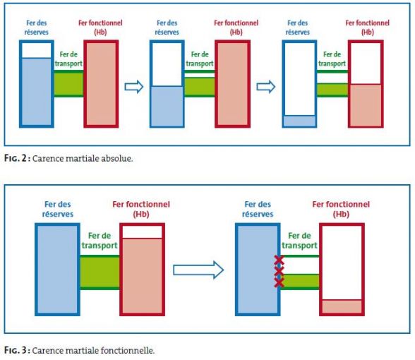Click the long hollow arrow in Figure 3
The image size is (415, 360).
point(198,270)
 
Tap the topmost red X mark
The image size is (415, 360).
point(279,260)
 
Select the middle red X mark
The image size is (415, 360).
point(279,271)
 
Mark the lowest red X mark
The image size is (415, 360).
point(279,282)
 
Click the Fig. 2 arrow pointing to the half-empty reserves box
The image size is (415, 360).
point(134,87)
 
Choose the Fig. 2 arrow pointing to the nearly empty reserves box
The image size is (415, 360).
point(266,87)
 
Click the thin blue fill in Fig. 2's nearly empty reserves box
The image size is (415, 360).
point(299,121)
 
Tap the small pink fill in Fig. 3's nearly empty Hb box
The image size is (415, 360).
point(342,306)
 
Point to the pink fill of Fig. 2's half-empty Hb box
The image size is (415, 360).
point(366,104)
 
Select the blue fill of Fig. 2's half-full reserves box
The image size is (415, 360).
point(167,106)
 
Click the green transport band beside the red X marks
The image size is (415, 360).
point(300,281)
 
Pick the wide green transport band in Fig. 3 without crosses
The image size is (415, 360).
point(100,272)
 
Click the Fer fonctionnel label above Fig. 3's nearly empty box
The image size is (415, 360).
point(341,209)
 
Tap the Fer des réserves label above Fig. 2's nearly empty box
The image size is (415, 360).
point(298,28)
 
